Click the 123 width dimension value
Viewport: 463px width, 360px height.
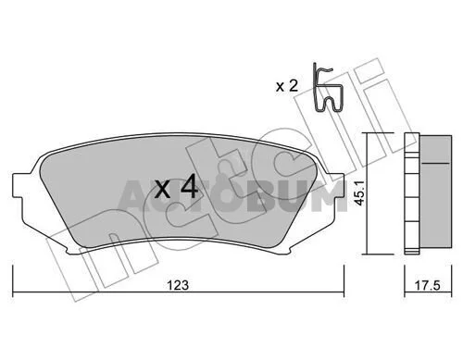coord(178,285)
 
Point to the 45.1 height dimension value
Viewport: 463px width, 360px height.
coord(360,193)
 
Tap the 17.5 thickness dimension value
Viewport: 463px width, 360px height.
coord(427,286)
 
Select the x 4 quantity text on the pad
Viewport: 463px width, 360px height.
coord(176,186)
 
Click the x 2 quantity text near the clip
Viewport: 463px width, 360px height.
coord(287,86)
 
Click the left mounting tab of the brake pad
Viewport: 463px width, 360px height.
coord(19,185)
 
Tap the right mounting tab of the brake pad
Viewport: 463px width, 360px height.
coord(338,185)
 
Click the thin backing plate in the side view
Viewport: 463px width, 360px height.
coord(412,193)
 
